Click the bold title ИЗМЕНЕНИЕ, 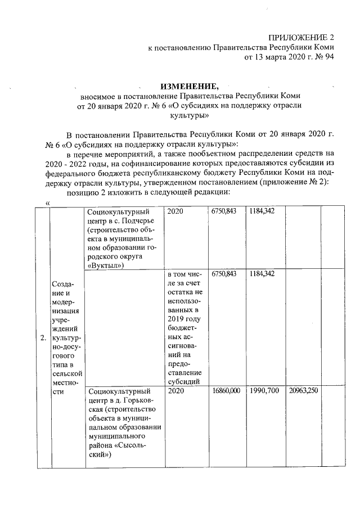[x=188, y=86]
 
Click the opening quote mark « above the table [x=48, y=202]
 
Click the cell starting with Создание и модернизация [x=67, y=336]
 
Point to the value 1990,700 [x=263, y=390]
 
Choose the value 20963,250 [x=303, y=390]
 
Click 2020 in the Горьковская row [x=176, y=390]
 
